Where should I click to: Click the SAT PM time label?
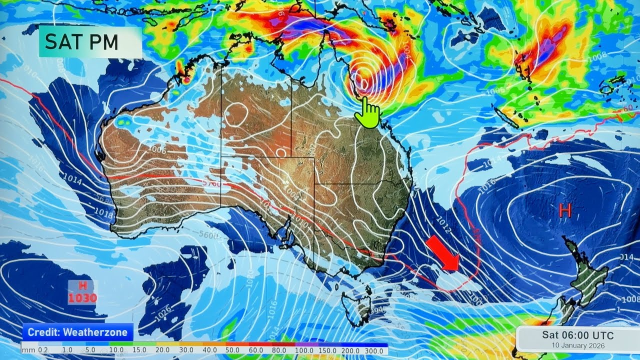tap(81, 42)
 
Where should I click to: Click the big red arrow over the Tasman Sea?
tap(443, 254)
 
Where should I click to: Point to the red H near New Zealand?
tap(565, 210)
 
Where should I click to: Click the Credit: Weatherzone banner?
tap(77, 332)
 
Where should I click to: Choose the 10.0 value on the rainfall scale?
tap(116, 350)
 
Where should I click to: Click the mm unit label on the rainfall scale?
tap(28, 350)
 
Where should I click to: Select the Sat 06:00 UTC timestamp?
tap(577, 335)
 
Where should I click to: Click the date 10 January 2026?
tap(577, 345)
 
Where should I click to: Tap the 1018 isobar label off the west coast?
tap(103, 213)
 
